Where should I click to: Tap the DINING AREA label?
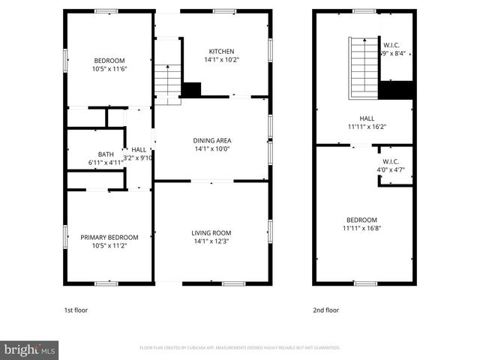point(211,140)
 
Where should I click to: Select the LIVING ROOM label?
point(211,232)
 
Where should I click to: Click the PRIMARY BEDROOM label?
point(109,237)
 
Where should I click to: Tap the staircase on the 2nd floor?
point(363,67)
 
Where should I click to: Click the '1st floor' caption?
point(76,309)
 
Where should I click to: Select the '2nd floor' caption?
point(325,309)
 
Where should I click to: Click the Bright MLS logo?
point(29,349)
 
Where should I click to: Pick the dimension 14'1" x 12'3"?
point(211,241)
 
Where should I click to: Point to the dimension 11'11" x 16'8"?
point(360,228)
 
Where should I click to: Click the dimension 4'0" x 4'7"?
point(391,170)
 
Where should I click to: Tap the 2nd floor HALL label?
point(367,118)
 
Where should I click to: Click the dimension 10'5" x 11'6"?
point(109,69)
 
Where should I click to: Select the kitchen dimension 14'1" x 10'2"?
point(221,59)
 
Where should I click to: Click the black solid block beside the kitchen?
point(192,89)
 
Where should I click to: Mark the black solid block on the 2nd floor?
point(396,89)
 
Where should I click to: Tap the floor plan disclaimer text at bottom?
point(240,348)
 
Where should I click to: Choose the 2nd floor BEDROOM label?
point(360,220)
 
